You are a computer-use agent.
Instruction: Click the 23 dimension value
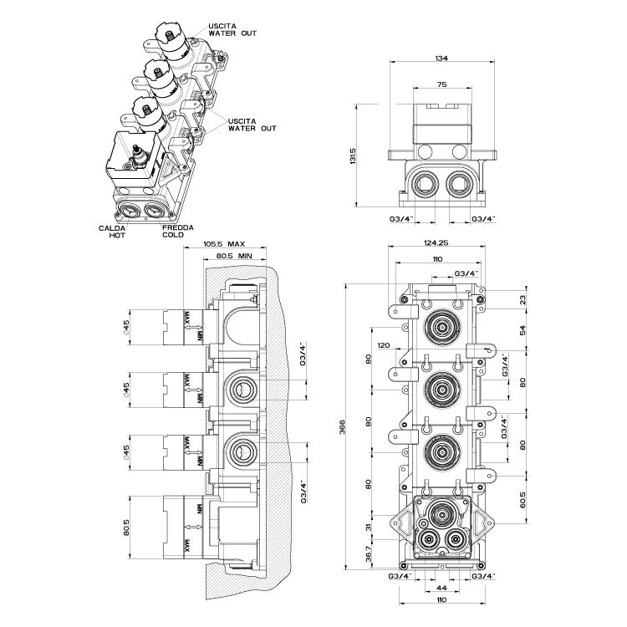click(x=524, y=299)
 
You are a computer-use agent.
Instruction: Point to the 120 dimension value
click(x=384, y=345)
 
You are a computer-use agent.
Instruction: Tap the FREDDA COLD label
click(x=173, y=231)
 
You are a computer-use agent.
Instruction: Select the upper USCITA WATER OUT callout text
click(x=232, y=29)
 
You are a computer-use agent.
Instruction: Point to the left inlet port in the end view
click(x=424, y=182)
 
